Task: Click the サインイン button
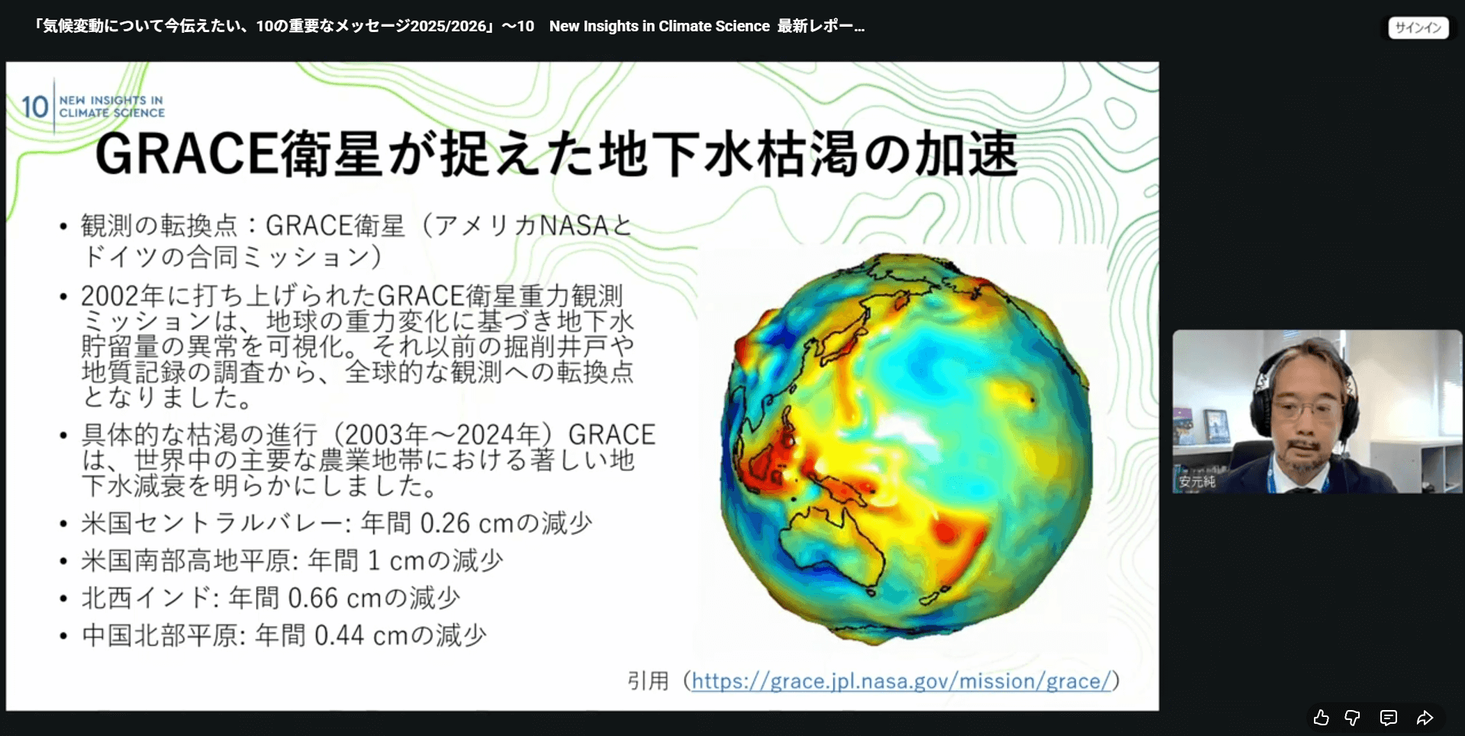coord(1418,27)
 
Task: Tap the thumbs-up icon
coord(1322,718)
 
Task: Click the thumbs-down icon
coord(1353,718)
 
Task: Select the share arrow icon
coord(1425,718)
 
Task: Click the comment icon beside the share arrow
coord(1389,718)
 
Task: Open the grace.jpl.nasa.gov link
coord(901,680)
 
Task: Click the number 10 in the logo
coord(34,107)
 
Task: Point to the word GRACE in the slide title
coord(187,153)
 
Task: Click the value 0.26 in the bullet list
coord(445,523)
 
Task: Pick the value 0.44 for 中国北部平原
coord(339,635)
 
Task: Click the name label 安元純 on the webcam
coord(1196,482)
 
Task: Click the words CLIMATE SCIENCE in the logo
coord(112,113)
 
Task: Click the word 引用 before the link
coord(648,680)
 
